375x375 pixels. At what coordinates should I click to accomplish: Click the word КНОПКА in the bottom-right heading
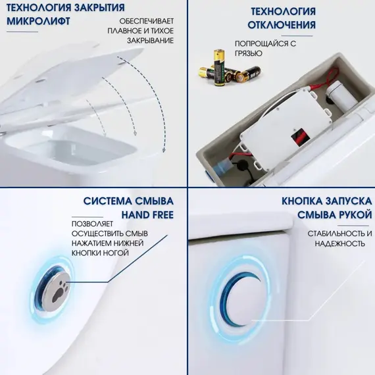pos(302,201)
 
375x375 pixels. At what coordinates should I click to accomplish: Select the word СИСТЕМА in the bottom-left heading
pos(107,201)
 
